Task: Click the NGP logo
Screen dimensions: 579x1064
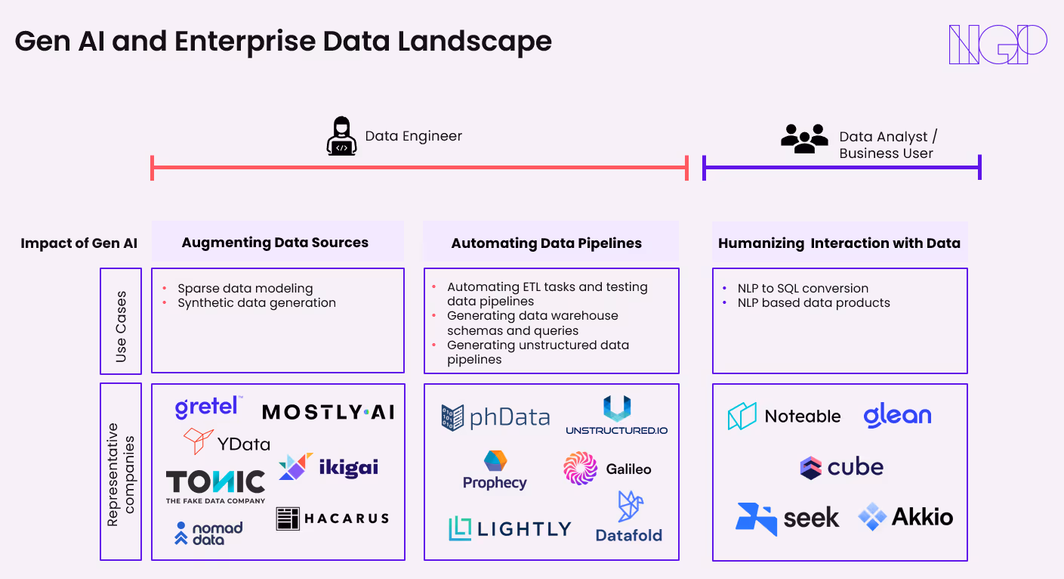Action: [998, 45]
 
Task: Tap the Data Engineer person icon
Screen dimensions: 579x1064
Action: [341, 136]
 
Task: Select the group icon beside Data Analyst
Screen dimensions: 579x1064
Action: [804, 138]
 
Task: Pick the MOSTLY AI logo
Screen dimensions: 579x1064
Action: [328, 412]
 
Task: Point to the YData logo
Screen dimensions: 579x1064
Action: [227, 442]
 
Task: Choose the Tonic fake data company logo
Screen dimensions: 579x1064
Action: [216, 486]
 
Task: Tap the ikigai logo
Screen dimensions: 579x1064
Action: [328, 466]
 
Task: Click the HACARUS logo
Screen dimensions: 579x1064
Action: [333, 519]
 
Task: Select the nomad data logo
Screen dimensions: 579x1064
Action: [208, 533]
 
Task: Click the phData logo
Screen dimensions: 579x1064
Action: [495, 417]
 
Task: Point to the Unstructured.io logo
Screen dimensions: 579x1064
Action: [617, 416]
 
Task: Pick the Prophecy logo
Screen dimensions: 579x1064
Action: [495, 470]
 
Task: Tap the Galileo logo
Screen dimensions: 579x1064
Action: [607, 469]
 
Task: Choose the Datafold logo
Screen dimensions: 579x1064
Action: [629, 518]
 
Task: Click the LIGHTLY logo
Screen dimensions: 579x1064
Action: [510, 528]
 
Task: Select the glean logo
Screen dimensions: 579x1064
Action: [897, 416]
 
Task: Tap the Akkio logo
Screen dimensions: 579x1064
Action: [905, 517]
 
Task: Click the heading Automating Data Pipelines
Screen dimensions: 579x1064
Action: [547, 243]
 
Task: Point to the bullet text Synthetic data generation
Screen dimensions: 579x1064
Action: [257, 303]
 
